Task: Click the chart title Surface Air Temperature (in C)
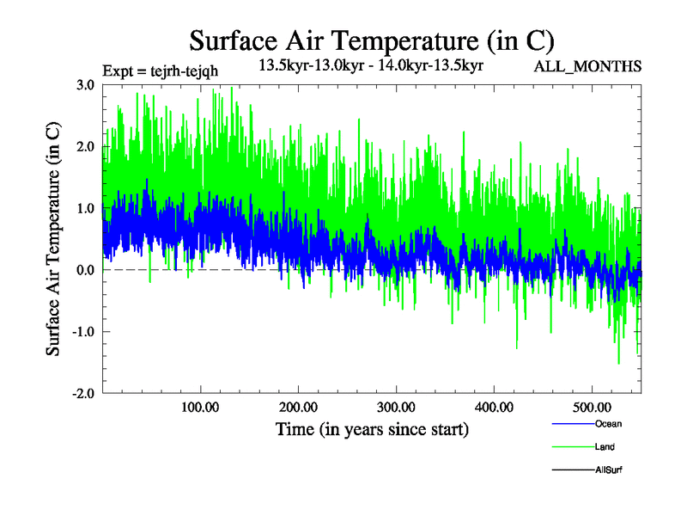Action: click(372, 40)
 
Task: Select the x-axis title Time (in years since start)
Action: click(372, 429)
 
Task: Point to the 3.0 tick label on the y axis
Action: click(84, 85)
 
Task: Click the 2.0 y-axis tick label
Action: click(84, 147)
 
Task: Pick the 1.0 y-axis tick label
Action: click(84, 209)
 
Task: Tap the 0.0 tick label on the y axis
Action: click(84, 270)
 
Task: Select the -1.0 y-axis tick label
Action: click(82, 332)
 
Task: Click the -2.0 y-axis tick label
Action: click(82, 394)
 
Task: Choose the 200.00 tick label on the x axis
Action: click(298, 406)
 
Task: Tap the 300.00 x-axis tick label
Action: click(396, 406)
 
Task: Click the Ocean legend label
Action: click(608, 424)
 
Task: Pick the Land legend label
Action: click(605, 447)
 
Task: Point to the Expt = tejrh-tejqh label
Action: click(161, 71)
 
